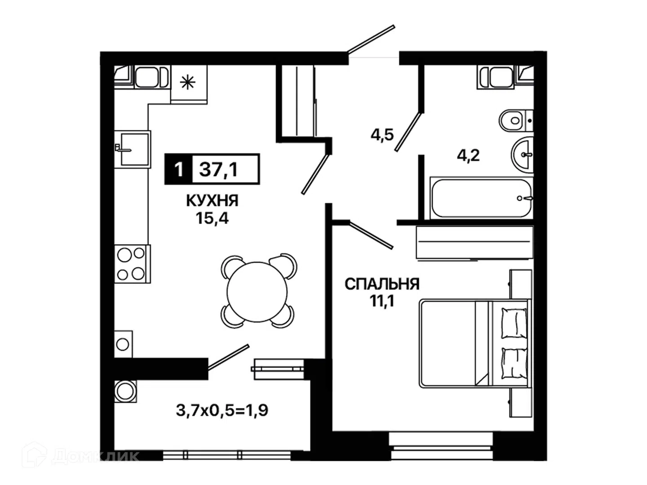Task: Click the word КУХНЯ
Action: coord(212,201)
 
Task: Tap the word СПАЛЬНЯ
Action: coord(382,284)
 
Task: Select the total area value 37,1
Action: coord(218,170)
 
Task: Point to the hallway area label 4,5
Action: coord(382,135)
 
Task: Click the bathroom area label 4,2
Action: coord(468,155)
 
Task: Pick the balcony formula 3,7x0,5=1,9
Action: coord(222,410)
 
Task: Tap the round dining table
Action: coord(257,292)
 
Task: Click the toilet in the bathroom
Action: coord(516,120)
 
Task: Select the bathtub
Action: coord(481,198)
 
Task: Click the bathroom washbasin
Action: coord(522,154)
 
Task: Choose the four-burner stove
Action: coord(133,264)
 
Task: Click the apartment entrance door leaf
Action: coord(371,39)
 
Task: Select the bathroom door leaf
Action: coord(409,131)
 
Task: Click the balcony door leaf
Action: coord(228,357)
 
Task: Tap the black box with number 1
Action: coord(178,169)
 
